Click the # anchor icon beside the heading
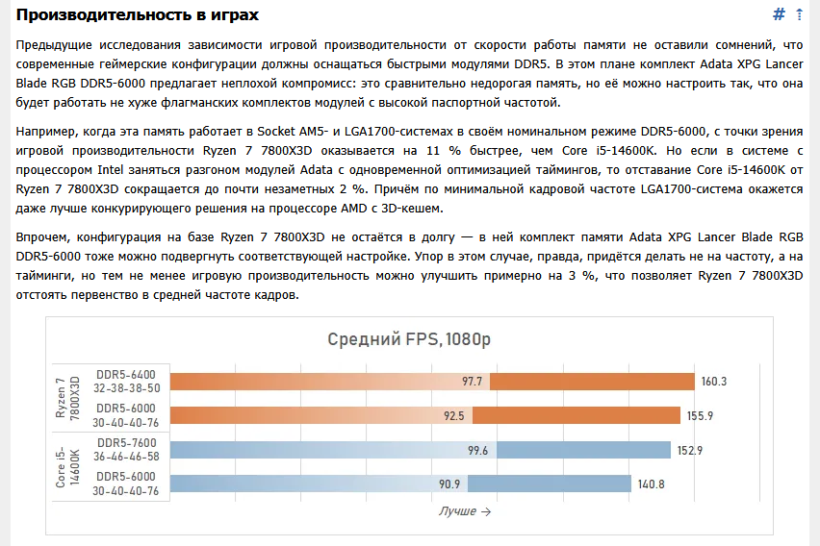(x=780, y=14)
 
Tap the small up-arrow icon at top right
(x=799, y=14)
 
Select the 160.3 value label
(x=714, y=382)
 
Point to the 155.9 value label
(x=714, y=415)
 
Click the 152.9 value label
(x=691, y=450)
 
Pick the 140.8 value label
(x=652, y=484)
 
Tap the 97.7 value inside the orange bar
(x=472, y=382)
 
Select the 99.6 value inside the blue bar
(x=477, y=450)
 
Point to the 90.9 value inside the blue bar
(x=449, y=484)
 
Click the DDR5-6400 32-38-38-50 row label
(x=125, y=382)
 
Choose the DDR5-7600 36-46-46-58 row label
(x=125, y=450)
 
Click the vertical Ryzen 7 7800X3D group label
(x=68, y=398)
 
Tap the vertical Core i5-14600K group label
(x=68, y=466)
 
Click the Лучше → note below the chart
(x=464, y=511)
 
